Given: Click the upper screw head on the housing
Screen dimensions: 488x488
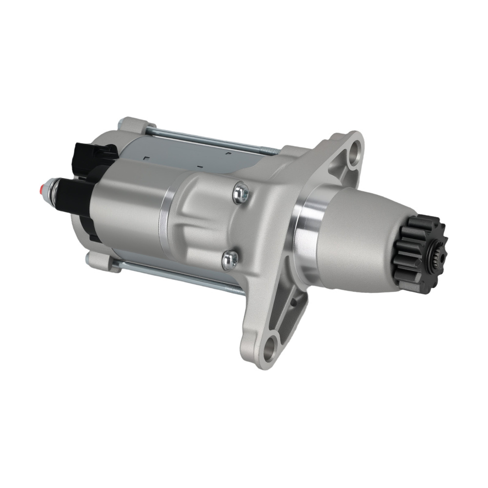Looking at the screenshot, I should [x=240, y=193].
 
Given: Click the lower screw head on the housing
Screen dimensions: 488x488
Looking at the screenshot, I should [x=230, y=260].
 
